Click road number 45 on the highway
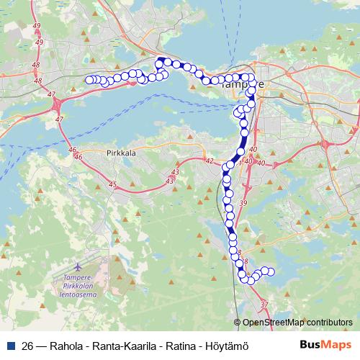click(112, 185)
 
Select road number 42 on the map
click(210, 161)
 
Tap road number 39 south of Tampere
click(243, 204)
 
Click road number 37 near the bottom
click(264, 305)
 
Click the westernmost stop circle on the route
click(89, 80)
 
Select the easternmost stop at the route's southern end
click(271, 271)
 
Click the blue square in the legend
click(11, 345)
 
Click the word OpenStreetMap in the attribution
click(274, 323)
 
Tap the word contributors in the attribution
click(329, 323)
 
